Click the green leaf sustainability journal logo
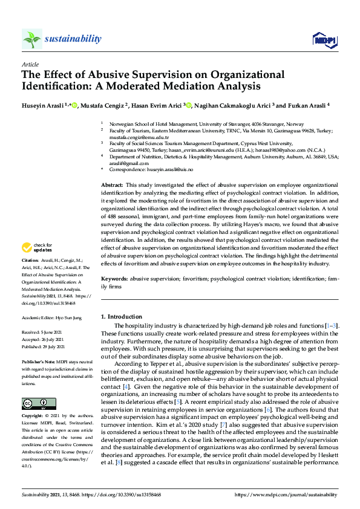click(x=32, y=39)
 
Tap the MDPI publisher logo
click(x=324, y=40)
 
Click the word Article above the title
click(x=30, y=64)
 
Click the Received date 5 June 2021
click(x=54, y=332)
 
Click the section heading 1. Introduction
click(x=121, y=317)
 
